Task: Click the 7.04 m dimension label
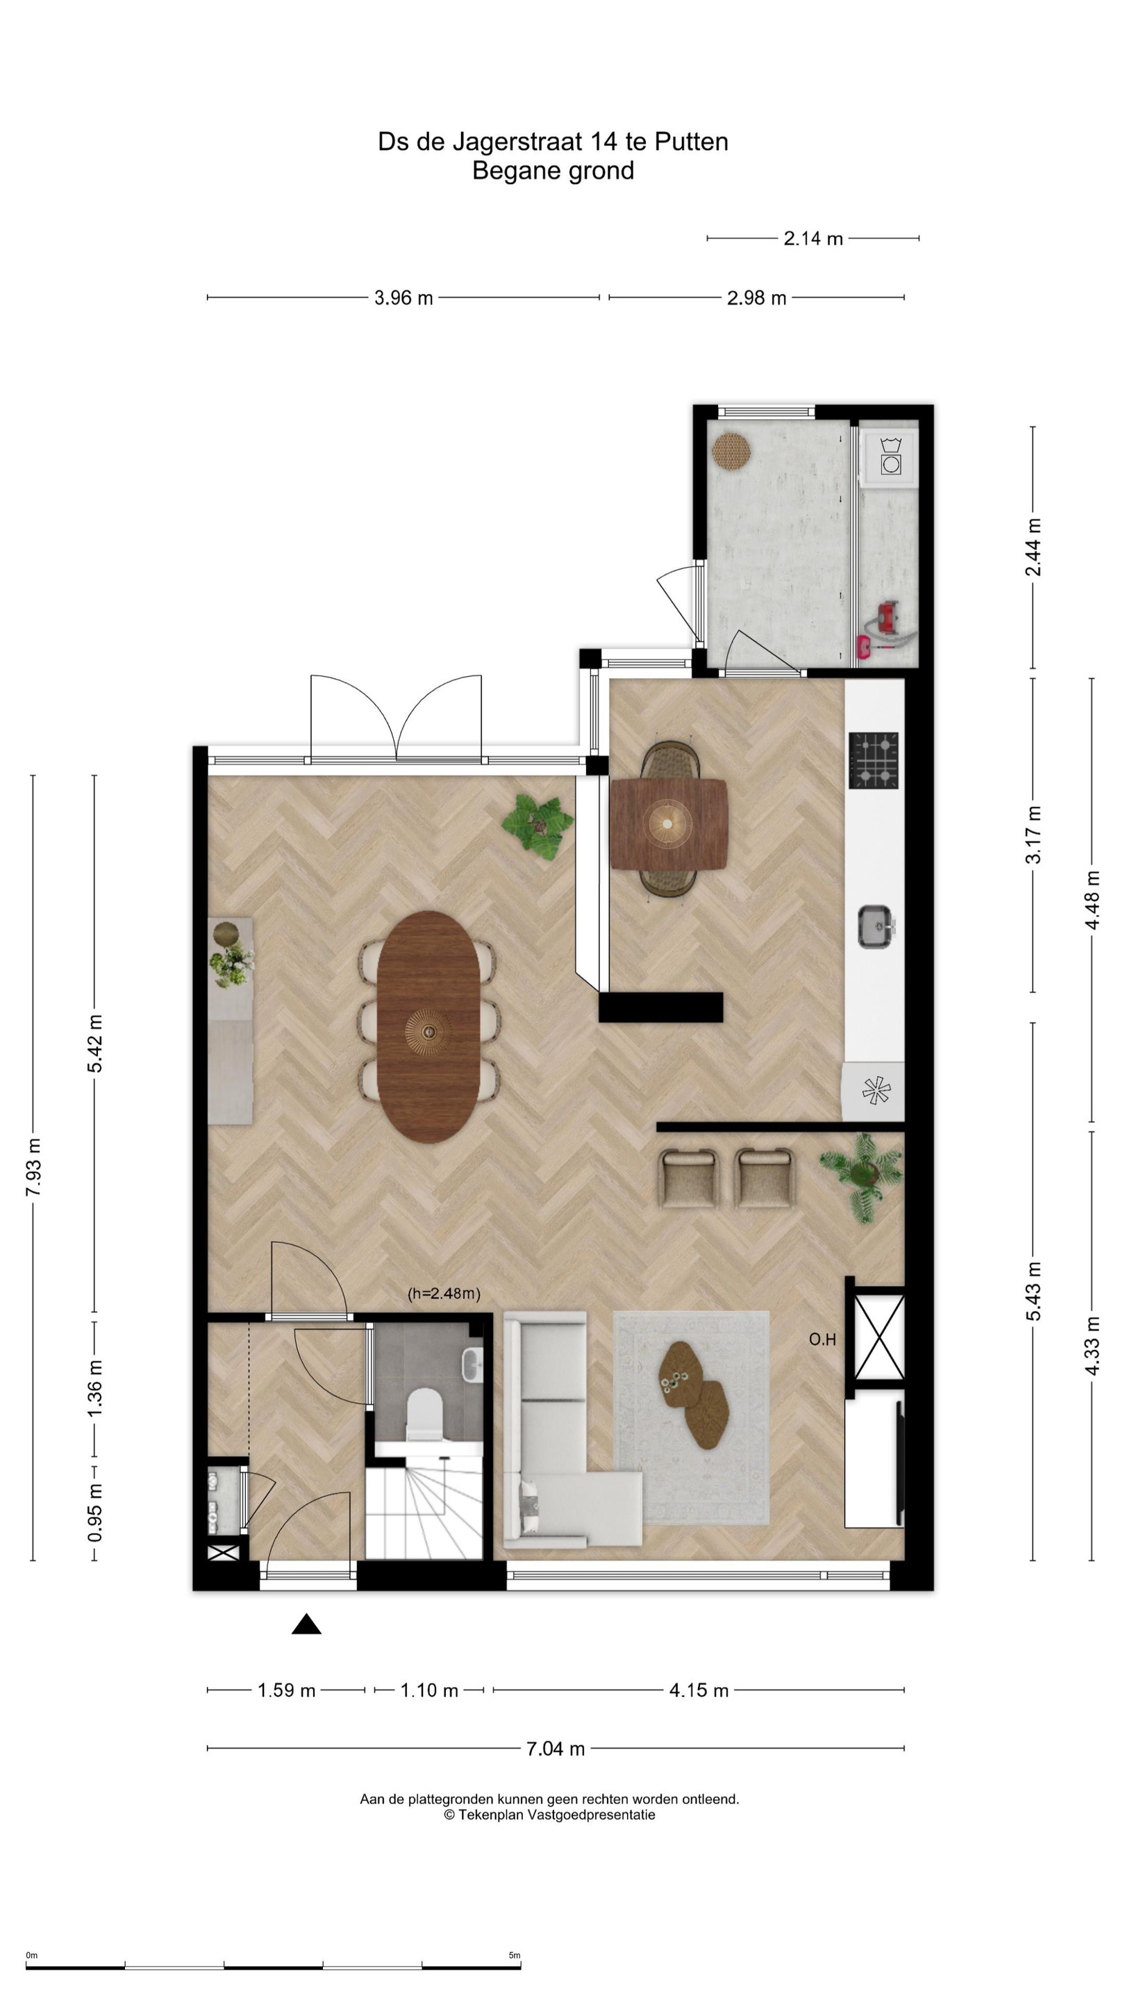[x=555, y=1749]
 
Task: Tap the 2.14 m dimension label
[x=813, y=238]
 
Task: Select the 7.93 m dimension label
[x=33, y=1167]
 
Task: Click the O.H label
[x=822, y=1339]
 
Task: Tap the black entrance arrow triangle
[x=307, y=1624]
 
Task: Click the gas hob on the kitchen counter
[x=874, y=761]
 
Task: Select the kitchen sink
[x=876, y=926]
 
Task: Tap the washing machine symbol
[x=890, y=456]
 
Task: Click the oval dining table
[x=428, y=1026]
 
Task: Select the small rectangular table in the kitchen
[x=669, y=824]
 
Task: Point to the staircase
[x=424, y=1508]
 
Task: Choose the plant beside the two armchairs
[x=862, y=1174]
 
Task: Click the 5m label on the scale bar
[x=514, y=1955]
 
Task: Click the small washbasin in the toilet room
[x=472, y=1365]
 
